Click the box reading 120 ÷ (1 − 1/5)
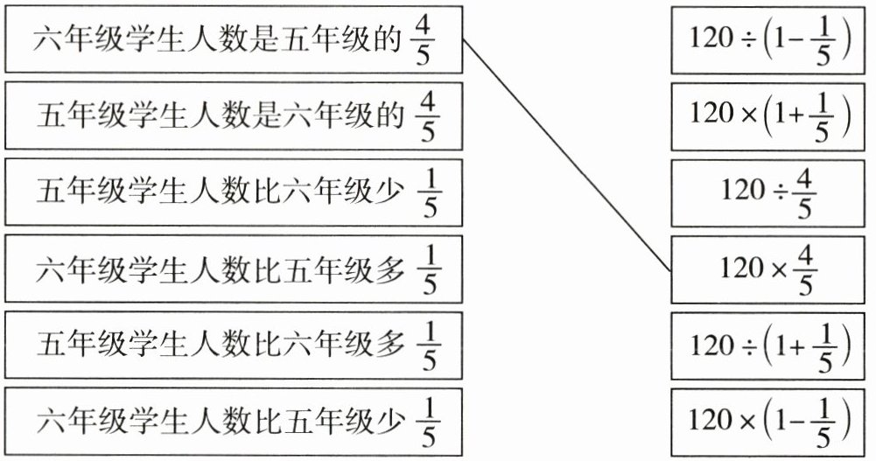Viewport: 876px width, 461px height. (x=767, y=40)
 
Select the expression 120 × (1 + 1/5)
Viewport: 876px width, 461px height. (x=767, y=116)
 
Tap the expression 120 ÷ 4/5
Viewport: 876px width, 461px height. (x=767, y=193)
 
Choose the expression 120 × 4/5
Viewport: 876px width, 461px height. (x=767, y=269)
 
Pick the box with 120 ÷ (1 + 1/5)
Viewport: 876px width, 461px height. (x=767, y=346)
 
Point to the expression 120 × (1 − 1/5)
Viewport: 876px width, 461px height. (x=767, y=423)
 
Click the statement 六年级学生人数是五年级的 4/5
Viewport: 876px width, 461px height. (x=234, y=39)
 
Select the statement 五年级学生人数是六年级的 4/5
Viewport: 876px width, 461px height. (x=234, y=116)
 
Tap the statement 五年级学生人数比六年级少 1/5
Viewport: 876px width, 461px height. (x=234, y=192)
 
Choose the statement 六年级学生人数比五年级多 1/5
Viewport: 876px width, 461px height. (x=234, y=269)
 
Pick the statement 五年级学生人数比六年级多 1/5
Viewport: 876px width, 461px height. (x=234, y=346)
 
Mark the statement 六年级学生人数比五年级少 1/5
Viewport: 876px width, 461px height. (x=234, y=422)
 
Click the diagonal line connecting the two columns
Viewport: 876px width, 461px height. (x=567, y=155)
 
